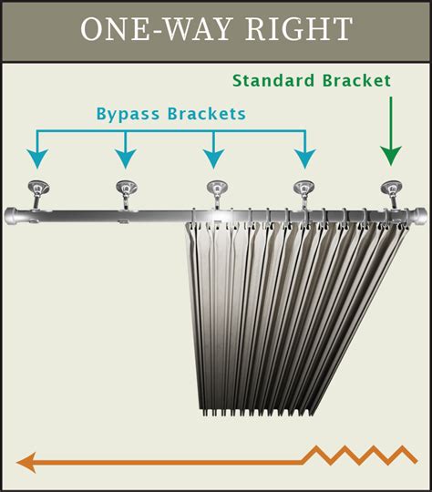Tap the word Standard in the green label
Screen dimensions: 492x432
click(274, 80)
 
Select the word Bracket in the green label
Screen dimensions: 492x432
click(356, 80)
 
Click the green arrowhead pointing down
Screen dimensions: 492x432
click(390, 153)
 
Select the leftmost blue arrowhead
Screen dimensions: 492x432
click(37, 159)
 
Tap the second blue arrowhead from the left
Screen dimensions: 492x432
click(126, 159)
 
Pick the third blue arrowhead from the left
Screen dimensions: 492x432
click(214, 159)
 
